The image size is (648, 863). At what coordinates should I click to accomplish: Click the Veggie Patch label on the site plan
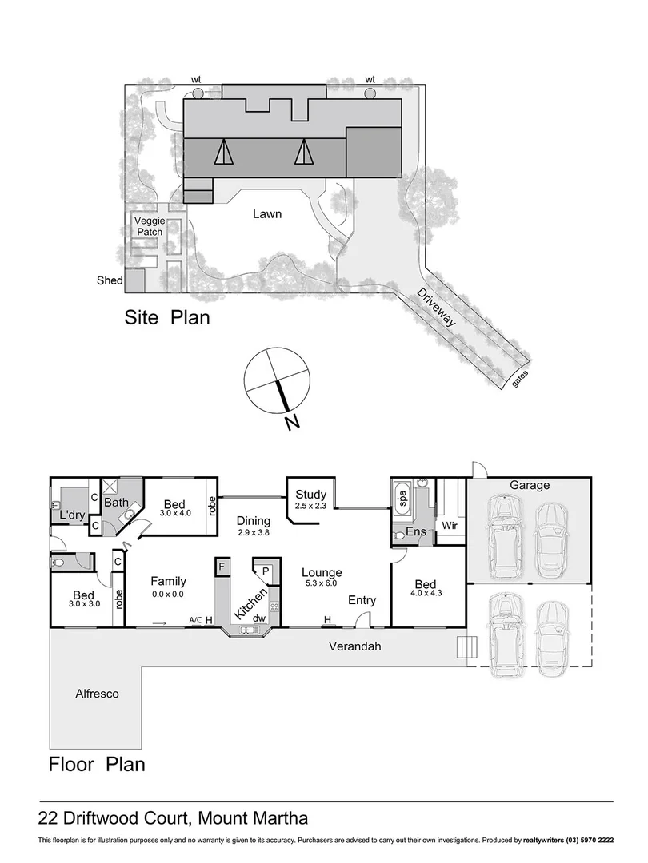pos(148,226)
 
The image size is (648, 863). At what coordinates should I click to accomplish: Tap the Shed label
pos(109,280)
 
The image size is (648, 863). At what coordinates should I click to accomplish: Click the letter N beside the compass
pos(293,422)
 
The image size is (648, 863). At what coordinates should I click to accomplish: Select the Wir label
pos(449,527)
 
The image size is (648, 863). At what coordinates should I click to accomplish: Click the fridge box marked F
pos(222,567)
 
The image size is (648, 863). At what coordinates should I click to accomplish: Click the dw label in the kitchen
pos(259,618)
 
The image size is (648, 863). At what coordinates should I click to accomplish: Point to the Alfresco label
pos(97,694)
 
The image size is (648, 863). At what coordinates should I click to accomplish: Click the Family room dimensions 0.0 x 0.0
pos(166,594)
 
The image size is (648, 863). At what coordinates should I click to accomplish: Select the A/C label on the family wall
pos(194,619)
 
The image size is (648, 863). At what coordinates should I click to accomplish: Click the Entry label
pos(362,600)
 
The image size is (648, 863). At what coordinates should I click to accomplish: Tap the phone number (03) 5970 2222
pos(586,841)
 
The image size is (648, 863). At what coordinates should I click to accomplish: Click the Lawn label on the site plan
pos(267,214)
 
